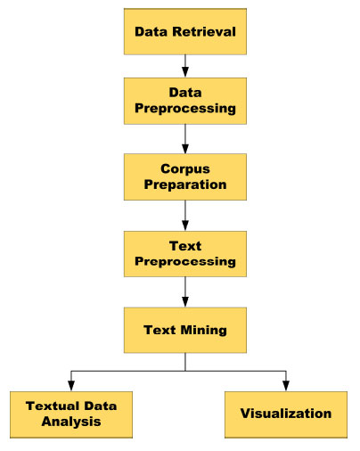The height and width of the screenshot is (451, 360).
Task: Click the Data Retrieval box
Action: point(185,31)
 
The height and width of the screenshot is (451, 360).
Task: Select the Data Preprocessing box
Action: point(185,101)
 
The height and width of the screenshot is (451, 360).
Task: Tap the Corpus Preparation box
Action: point(185,176)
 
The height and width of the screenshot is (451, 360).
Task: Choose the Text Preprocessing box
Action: point(185,254)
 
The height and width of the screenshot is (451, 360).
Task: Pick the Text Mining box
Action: point(185,330)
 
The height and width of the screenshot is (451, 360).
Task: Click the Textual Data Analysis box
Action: point(71,414)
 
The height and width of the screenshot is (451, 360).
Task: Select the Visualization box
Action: point(286,414)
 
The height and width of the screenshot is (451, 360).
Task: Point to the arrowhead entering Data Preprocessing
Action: point(185,72)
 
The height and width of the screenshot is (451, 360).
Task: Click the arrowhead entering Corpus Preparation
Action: point(185,149)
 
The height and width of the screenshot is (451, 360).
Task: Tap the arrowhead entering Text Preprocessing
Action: point(185,225)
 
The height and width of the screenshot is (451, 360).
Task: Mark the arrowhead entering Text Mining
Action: point(185,302)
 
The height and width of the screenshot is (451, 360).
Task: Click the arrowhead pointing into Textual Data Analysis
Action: point(71,386)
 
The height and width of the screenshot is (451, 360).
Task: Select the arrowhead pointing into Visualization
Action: point(286,386)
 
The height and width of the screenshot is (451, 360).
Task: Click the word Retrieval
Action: point(204,31)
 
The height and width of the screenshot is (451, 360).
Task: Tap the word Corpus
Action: point(185,169)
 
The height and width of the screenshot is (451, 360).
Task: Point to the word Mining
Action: point(203,331)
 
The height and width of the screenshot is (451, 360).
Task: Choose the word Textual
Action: point(53,406)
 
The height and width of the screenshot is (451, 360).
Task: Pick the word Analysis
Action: point(71,422)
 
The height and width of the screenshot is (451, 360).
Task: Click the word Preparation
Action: point(185,184)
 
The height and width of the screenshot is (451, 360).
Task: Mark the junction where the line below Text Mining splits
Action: point(185,371)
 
